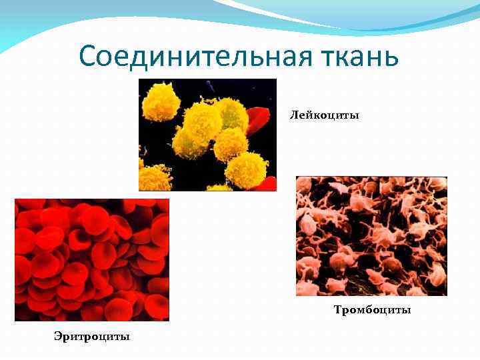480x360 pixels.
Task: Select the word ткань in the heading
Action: point(363,56)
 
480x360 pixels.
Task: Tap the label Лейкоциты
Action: point(324,115)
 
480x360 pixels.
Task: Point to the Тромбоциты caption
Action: point(372,310)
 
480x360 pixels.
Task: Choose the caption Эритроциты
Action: point(92,336)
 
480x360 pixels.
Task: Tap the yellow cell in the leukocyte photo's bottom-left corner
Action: point(153,178)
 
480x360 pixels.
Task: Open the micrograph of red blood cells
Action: point(92,260)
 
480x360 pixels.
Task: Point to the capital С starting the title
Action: point(89,56)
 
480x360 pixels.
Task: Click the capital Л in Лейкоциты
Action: point(293,115)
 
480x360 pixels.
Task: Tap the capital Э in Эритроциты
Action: point(58,336)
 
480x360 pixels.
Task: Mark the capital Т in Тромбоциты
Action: point(337,310)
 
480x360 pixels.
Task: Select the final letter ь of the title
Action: point(392,57)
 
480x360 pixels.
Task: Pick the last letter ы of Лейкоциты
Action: point(355,116)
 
